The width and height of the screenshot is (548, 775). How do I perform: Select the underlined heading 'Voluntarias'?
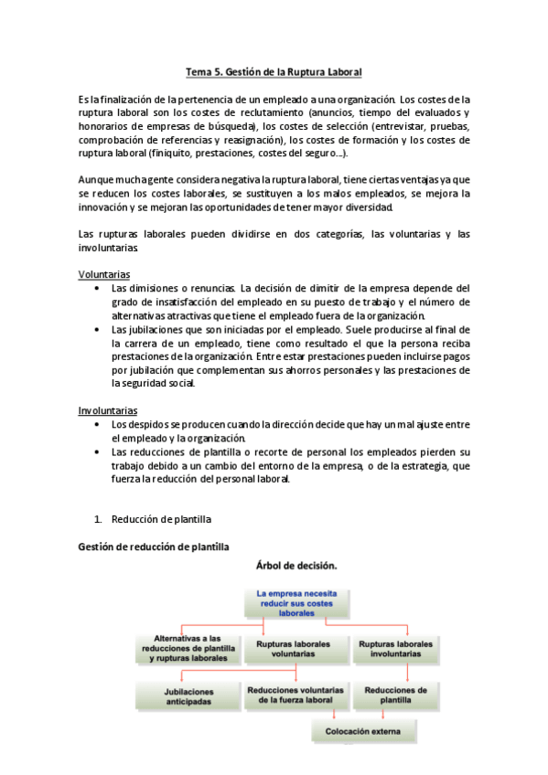[x=103, y=274]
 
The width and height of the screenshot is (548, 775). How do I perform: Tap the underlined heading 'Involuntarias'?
[x=108, y=411]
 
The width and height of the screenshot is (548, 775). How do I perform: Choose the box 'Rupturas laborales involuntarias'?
[x=395, y=649]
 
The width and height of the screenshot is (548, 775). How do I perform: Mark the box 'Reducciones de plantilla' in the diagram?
[x=395, y=695]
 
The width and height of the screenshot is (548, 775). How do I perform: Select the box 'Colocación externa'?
[x=363, y=730]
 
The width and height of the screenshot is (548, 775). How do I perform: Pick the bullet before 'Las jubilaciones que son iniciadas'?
[x=98, y=330]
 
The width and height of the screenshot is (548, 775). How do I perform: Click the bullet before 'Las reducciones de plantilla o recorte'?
[x=98, y=452]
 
